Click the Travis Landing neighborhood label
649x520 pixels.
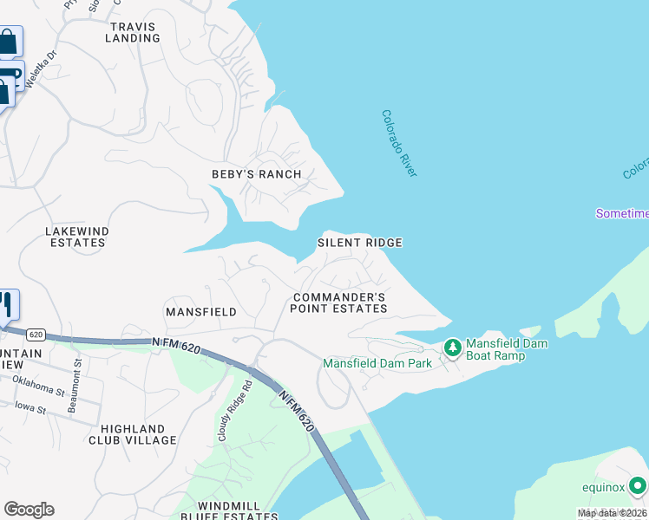click(133, 32)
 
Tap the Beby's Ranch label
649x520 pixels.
click(257, 174)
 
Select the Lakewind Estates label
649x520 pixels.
click(75, 237)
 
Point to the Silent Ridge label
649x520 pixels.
click(359, 243)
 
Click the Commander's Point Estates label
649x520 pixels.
click(338, 302)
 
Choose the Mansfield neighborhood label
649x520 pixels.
click(201, 311)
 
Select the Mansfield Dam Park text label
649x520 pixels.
click(377, 363)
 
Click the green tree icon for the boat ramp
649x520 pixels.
click(452, 348)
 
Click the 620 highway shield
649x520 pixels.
click(36, 335)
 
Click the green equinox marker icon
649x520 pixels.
click(638, 485)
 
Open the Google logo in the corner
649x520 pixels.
click(29, 510)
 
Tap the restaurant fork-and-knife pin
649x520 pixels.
click(5, 303)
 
